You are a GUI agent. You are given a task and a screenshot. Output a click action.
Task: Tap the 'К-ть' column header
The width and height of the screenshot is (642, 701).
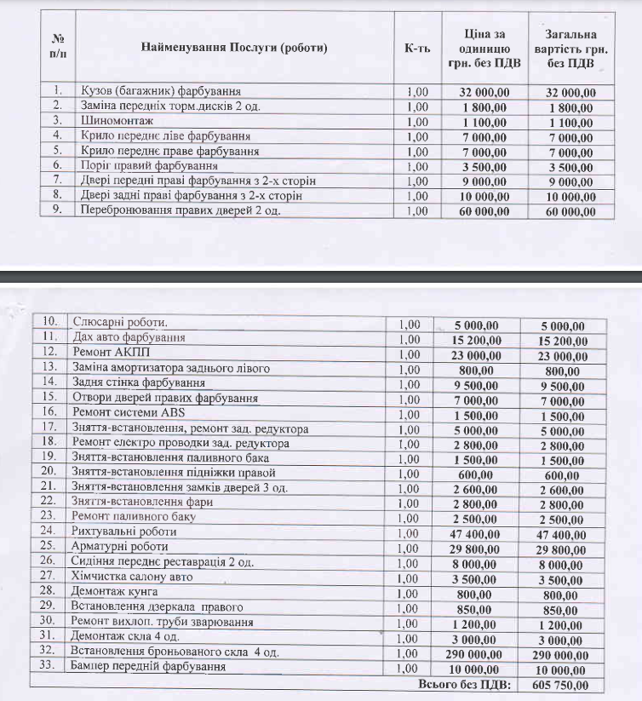click(x=417, y=48)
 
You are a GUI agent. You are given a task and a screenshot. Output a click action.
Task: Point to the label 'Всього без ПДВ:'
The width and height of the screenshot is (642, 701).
click(x=464, y=686)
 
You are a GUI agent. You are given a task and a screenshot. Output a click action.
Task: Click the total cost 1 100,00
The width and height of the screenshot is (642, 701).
click(x=567, y=121)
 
